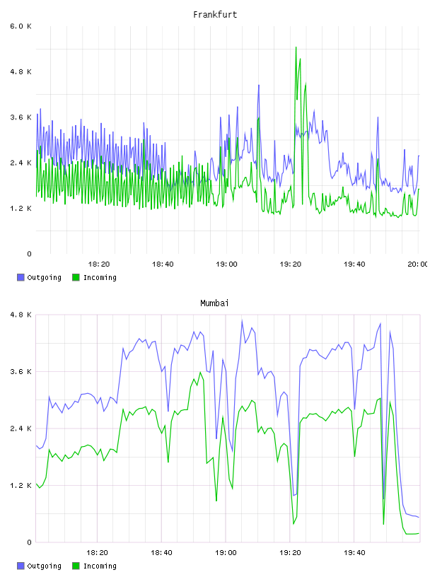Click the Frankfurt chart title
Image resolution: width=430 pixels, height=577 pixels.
(x=215, y=15)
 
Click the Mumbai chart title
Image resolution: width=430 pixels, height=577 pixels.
(x=214, y=303)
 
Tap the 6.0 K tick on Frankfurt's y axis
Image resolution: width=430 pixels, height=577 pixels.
(x=21, y=26)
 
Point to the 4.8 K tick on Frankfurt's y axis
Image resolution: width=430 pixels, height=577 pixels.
(x=21, y=71)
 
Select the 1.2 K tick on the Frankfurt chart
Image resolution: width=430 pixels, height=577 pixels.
(x=21, y=209)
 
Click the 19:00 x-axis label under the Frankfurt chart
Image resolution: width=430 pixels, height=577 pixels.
(x=226, y=264)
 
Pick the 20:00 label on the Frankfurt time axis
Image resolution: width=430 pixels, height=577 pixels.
(x=418, y=264)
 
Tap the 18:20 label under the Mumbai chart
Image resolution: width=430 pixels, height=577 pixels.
(x=97, y=553)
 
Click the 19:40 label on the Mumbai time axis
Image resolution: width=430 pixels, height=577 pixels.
(x=354, y=553)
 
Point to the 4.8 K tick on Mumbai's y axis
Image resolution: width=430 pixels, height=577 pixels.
(x=21, y=315)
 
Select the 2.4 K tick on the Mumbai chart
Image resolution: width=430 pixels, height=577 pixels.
(x=21, y=429)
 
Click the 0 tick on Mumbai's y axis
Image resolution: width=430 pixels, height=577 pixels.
(x=29, y=542)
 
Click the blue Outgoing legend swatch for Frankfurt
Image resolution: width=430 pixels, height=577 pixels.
(x=21, y=277)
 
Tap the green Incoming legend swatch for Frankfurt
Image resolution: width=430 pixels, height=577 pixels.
(x=76, y=277)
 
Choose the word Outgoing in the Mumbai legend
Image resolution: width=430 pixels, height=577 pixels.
(x=44, y=566)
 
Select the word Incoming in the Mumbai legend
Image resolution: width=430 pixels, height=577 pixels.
(x=100, y=566)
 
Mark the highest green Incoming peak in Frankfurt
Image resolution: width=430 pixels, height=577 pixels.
(x=296, y=47)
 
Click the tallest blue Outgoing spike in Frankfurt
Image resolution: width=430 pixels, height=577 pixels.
(x=259, y=86)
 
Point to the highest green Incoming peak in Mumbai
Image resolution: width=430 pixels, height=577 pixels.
(x=201, y=373)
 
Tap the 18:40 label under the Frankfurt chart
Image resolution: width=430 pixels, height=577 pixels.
(x=163, y=264)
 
